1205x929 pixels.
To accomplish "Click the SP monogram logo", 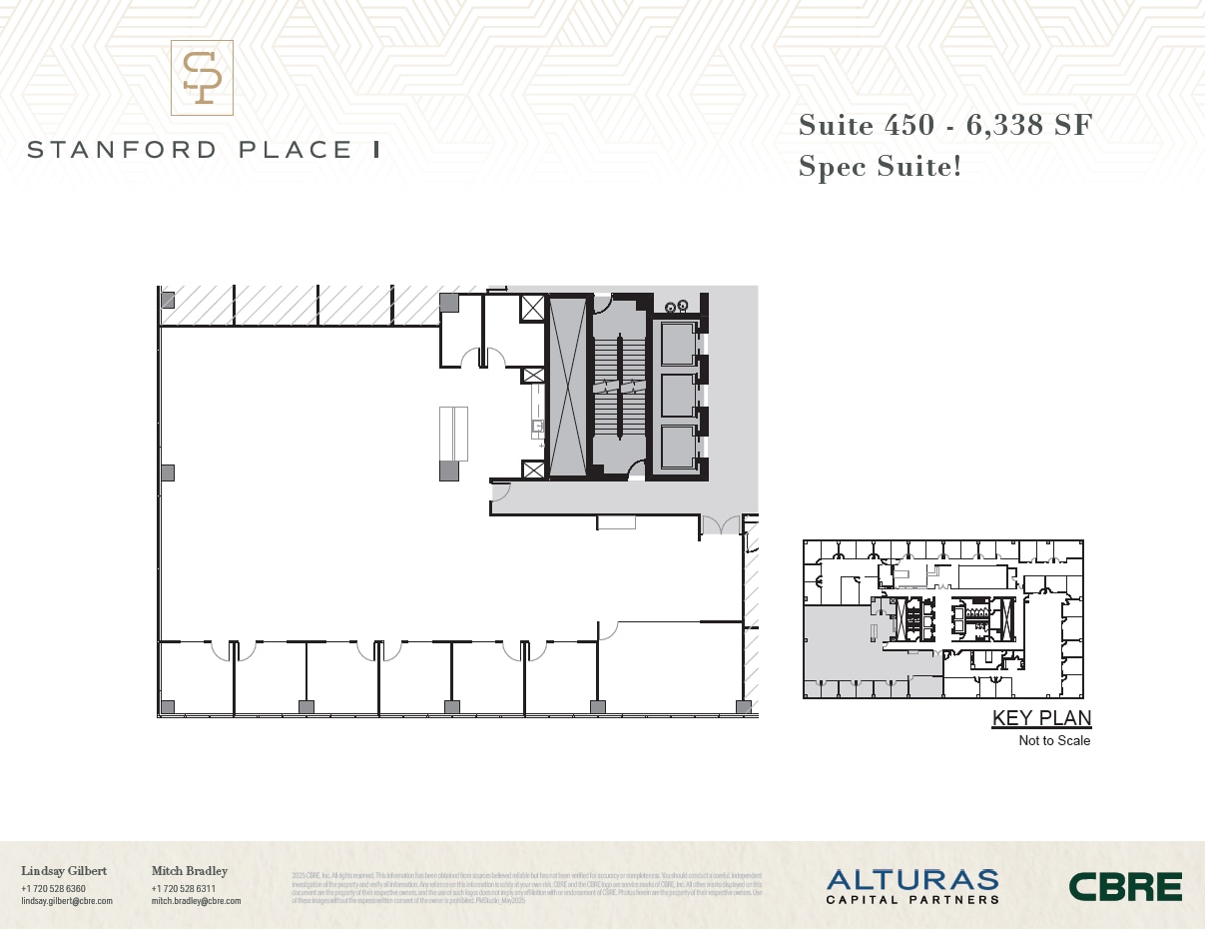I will (x=202, y=78).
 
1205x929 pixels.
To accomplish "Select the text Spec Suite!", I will (x=880, y=166).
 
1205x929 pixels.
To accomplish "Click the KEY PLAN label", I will (x=1041, y=718).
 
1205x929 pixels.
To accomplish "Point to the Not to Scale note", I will (x=1054, y=741).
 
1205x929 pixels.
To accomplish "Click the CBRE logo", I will (x=1125, y=886).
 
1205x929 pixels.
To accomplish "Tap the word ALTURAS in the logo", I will (x=911, y=880).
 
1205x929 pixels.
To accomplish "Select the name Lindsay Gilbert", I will (x=64, y=871).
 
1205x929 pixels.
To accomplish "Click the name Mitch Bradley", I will (x=190, y=871).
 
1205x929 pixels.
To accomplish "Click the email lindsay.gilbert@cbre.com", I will (x=67, y=901).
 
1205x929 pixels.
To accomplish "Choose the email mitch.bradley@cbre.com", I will (x=196, y=901).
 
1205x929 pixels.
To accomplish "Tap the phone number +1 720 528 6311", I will (x=184, y=888).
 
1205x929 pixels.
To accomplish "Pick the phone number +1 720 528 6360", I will (x=53, y=888).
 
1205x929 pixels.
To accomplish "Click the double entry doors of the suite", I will (x=721, y=525).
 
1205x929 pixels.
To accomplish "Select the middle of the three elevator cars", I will (x=679, y=395).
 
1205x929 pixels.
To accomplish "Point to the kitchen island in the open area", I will (x=454, y=433).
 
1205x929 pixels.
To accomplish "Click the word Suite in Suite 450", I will (x=835, y=126).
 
